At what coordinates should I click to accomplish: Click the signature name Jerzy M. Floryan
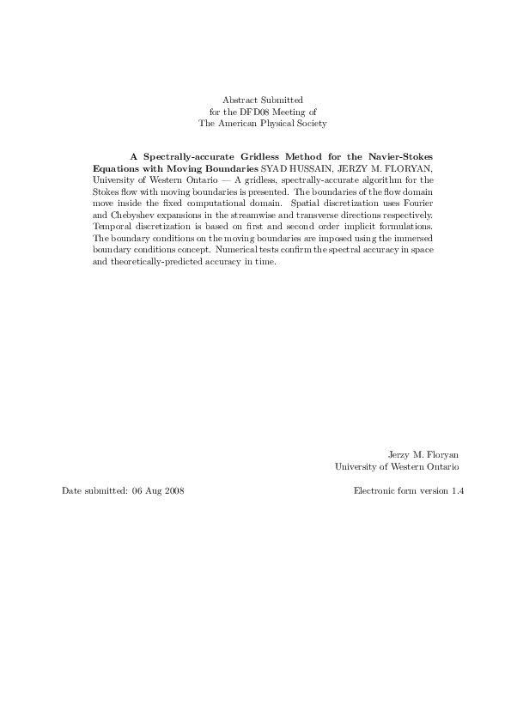click(425, 455)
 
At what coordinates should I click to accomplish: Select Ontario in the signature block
click(440, 466)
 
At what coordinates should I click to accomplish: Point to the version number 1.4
click(457, 490)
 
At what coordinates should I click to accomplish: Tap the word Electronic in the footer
click(374, 490)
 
